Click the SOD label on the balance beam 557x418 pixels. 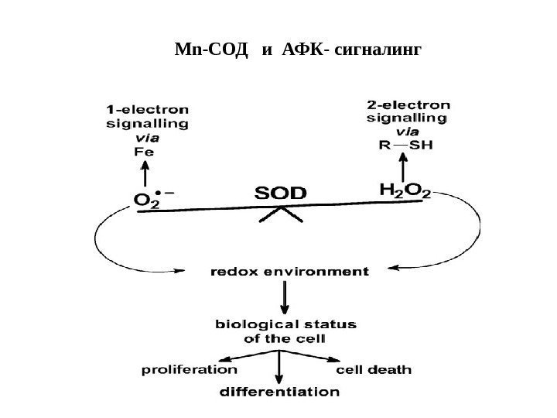coord(281,193)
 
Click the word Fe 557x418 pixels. coord(145,152)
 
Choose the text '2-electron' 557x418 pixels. coord(408,104)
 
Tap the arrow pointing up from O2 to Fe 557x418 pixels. coord(147,174)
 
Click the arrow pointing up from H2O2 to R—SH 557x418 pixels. coord(403,167)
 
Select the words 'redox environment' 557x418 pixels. coord(289,272)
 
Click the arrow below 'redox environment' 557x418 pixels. coord(287,296)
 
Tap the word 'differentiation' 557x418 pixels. coord(275,392)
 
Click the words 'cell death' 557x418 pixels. coord(374,370)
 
